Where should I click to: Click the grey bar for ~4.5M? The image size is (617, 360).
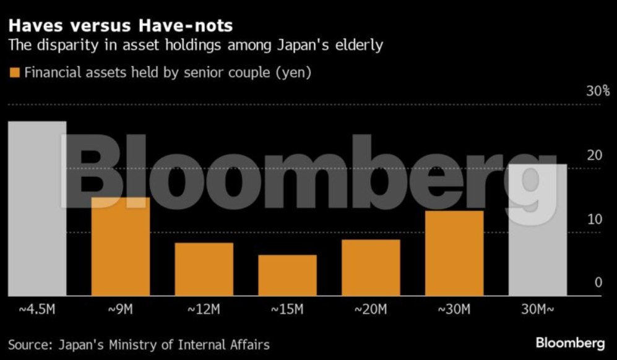(x=37, y=208)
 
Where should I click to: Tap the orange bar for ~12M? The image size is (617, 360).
(x=204, y=269)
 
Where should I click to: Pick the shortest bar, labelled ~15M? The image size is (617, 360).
(x=287, y=275)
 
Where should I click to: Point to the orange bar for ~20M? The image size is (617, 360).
(x=371, y=267)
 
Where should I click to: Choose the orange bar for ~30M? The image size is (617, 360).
(x=454, y=253)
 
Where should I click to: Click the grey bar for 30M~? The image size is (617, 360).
(x=538, y=229)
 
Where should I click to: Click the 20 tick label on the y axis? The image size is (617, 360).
(x=595, y=155)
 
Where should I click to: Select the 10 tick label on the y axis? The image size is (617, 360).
(x=595, y=219)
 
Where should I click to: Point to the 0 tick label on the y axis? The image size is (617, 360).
(x=598, y=283)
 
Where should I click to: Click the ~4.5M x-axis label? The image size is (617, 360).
(x=37, y=308)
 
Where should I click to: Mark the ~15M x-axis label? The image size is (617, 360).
(x=287, y=308)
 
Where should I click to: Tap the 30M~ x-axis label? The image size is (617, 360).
(x=537, y=308)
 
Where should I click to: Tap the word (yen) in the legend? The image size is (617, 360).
(x=295, y=73)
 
